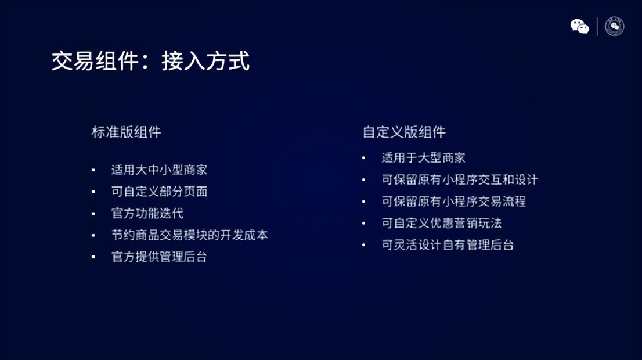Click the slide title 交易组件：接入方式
tap(150, 61)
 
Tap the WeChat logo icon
tap(579, 27)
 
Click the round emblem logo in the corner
tap(614, 26)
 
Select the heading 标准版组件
tap(126, 132)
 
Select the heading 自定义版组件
tap(404, 132)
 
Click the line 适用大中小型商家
tap(159, 170)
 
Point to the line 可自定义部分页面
tap(159, 192)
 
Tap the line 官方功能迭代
tap(147, 214)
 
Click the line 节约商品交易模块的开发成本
tap(189, 235)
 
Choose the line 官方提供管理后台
tap(159, 257)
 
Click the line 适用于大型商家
tap(423, 158)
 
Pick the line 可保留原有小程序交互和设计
tap(460, 180)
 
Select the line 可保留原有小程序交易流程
tap(453, 201)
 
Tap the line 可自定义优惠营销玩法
tap(441, 223)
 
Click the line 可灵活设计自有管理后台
tap(448, 245)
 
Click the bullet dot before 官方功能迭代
tap(93, 214)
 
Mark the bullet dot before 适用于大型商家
tap(364, 158)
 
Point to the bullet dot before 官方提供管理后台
tap(93, 257)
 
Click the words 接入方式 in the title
tap(205, 61)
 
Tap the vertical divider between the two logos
tap(597, 27)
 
